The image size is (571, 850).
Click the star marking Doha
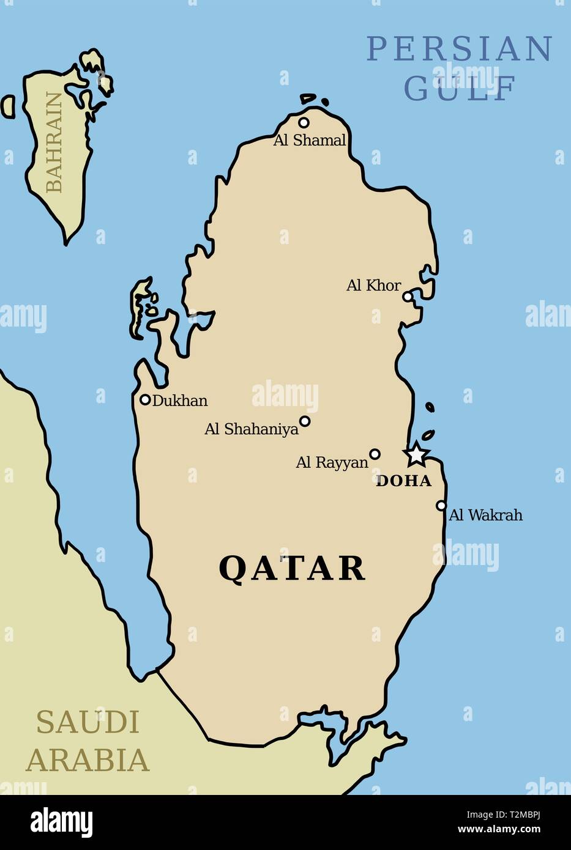click(x=416, y=454)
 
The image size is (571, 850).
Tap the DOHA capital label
click(x=403, y=481)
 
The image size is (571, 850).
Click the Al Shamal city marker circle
click(x=304, y=122)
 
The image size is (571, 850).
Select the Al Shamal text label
click(x=310, y=140)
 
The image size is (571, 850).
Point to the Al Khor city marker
click(x=408, y=297)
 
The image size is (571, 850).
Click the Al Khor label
click(x=373, y=285)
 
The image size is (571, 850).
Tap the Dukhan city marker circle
click(x=145, y=400)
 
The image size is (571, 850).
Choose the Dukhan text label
click(x=180, y=401)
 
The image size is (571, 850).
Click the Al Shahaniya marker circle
click(x=305, y=421)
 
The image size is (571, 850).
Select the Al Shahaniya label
click(x=252, y=429)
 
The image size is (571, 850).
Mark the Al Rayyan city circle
click(x=375, y=454)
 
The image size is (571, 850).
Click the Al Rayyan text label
click(x=332, y=462)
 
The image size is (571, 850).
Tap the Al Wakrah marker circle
click(x=441, y=506)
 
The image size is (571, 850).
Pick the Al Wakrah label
click(x=486, y=515)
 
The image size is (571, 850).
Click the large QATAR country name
click(x=292, y=568)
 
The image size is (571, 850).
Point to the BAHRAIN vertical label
click(x=54, y=142)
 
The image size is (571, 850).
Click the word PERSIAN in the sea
click(x=460, y=49)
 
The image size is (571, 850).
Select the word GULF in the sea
click(x=460, y=89)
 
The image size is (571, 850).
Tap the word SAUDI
click(x=88, y=722)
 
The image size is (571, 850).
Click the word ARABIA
click(x=88, y=760)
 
